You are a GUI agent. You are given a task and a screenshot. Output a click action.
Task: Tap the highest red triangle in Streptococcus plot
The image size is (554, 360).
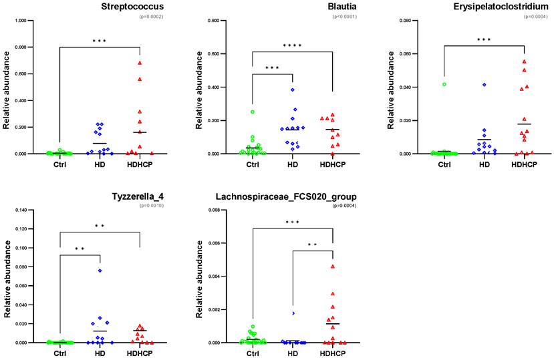(x=140, y=63)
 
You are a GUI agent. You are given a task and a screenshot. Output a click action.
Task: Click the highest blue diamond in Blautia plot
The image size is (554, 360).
(x=293, y=89)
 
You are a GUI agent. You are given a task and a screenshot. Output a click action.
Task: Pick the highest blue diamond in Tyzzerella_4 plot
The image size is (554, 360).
(x=100, y=271)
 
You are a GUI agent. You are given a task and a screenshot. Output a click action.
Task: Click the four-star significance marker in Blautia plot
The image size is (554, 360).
(x=292, y=46)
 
